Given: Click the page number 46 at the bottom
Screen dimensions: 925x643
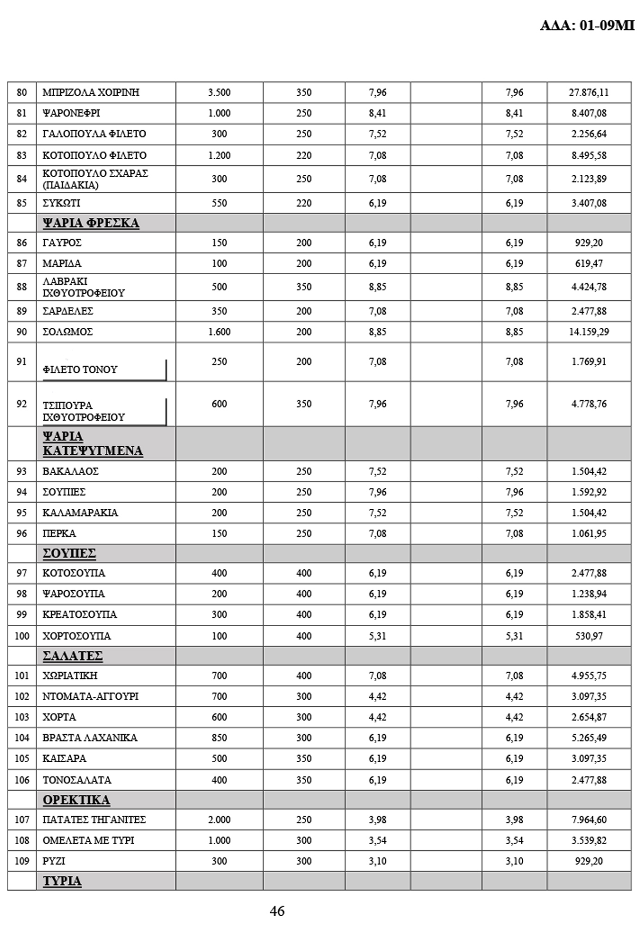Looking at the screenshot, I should (x=277, y=911).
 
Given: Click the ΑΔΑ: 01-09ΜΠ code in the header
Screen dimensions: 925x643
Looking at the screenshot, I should (x=587, y=25).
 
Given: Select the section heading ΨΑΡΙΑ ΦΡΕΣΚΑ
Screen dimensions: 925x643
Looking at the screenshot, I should (x=91, y=223).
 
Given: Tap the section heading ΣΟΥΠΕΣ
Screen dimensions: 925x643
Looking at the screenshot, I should (x=69, y=553).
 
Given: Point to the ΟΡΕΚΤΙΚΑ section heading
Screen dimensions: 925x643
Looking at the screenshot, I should (x=76, y=800).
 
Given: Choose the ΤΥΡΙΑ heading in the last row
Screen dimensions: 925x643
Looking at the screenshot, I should (x=62, y=881).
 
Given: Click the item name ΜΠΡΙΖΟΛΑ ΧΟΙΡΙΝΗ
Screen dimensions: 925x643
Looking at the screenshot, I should (x=91, y=92).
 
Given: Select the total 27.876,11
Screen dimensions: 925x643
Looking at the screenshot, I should (x=588, y=92).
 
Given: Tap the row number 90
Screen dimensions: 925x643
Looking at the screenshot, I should (x=22, y=332).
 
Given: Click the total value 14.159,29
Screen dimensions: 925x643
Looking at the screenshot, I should (x=588, y=332).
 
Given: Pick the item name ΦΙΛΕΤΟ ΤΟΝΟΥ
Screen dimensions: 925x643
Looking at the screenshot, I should (x=80, y=370).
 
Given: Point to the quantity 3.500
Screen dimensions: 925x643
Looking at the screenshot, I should (x=219, y=92).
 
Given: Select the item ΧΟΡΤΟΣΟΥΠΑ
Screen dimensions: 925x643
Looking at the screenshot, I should (x=76, y=636).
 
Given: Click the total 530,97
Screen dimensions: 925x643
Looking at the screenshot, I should (x=588, y=636).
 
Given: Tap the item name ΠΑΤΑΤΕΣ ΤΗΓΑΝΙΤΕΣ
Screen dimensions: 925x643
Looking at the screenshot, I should (x=94, y=820).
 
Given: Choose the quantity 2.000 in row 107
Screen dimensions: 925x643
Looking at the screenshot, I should (x=219, y=820).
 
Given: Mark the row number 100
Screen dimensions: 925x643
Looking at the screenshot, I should (x=22, y=636).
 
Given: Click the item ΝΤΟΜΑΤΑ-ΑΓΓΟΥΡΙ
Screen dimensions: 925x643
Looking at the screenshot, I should (x=90, y=696).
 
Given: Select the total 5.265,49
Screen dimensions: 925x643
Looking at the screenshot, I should (x=588, y=738).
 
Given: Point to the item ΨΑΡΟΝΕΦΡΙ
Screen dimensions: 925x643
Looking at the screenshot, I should (x=71, y=113).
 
